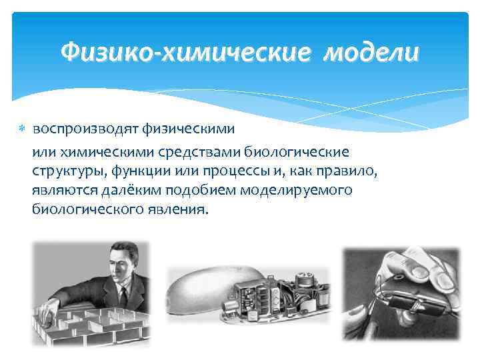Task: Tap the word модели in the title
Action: [x=372, y=51]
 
